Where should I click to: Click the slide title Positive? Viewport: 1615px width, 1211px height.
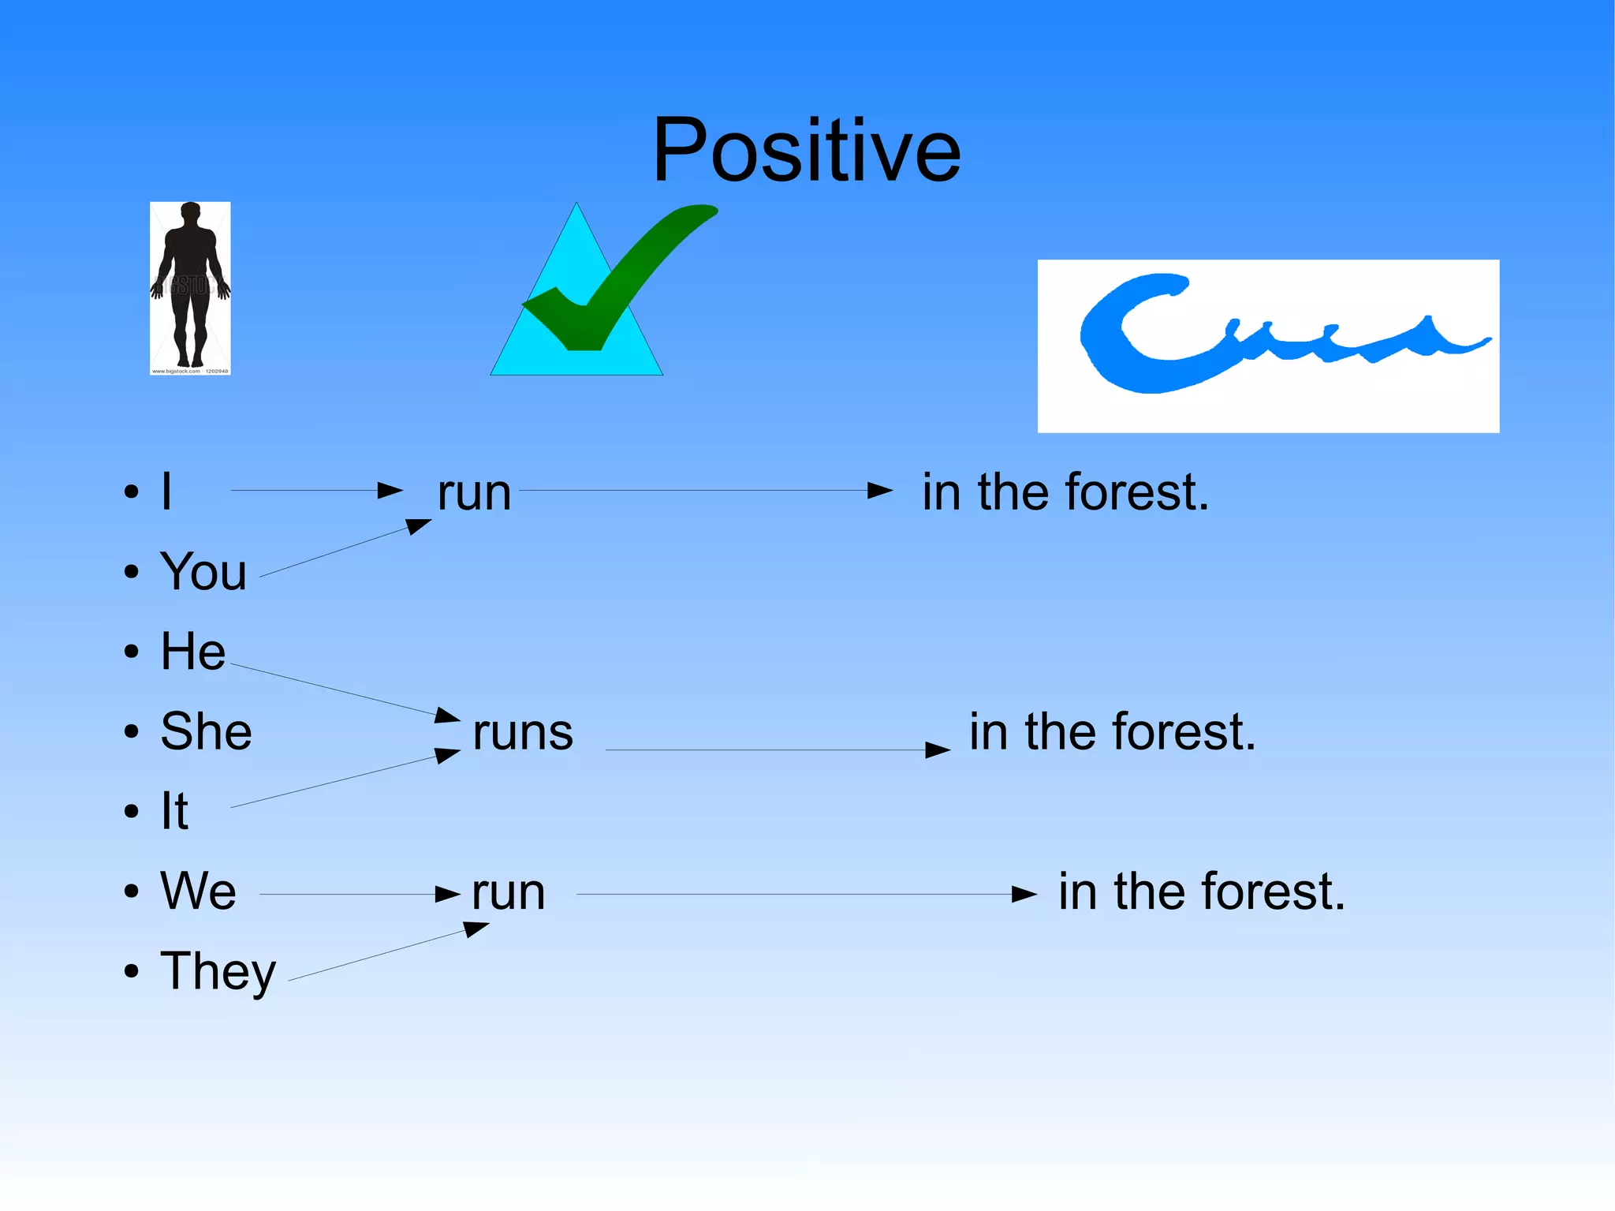tap(807, 150)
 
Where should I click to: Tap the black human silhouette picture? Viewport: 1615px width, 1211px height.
tap(190, 288)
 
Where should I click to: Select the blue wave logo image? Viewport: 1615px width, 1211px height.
tap(1268, 346)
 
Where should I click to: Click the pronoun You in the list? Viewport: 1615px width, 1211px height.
tap(203, 571)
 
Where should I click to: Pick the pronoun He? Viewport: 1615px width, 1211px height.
tap(193, 652)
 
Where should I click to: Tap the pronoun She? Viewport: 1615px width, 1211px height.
tap(206, 731)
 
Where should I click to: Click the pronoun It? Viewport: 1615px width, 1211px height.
tap(174, 811)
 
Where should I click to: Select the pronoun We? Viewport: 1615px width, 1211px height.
tap(198, 891)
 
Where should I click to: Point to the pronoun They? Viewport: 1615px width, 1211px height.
tap(218, 972)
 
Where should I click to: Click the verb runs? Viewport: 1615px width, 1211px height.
tap(523, 732)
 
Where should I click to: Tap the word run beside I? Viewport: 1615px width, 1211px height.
tap(474, 493)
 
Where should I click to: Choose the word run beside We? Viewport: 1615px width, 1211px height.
tap(509, 893)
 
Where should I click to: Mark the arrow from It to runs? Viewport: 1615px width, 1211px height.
tap(345, 779)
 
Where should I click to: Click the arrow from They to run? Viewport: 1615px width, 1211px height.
tap(388, 954)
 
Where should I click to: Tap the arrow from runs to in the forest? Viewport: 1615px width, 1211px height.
tap(777, 750)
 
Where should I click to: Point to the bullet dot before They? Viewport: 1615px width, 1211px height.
tap(131, 972)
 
